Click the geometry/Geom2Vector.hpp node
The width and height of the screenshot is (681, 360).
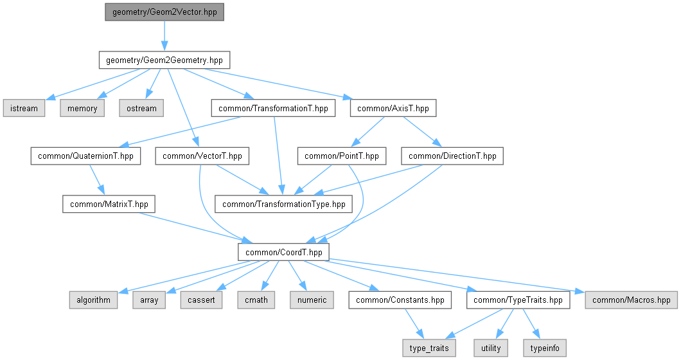pyautogui.click(x=164, y=12)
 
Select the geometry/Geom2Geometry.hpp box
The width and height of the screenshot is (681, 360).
pyautogui.click(x=164, y=60)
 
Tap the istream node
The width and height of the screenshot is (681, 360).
pyautogui.click(x=24, y=108)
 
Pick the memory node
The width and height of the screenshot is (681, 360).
pyautogui.click(x=83, y=108)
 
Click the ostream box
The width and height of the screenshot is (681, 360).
pyautogui.click(x=141, y=108)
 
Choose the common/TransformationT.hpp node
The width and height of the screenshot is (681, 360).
pyautogui.click(x=273, y=108)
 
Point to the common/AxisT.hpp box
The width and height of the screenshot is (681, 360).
pyautogui.click(x=393, y=108)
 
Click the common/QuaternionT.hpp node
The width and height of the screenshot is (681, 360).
pyautogui.click(x=85, y=156)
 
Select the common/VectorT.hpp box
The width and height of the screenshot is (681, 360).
pyautogui.click(x=202, y=156)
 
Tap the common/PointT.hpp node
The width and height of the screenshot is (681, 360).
pyautogui.click(x=341, y=156)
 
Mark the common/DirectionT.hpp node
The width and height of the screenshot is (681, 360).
pyautogui.click(x=452, y=156)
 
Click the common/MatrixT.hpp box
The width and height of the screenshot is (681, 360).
pyautogui.click(x=109, y=204)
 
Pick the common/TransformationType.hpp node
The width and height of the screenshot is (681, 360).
pyautogui.click(x=284, y=204)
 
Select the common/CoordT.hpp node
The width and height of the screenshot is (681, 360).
pyautogui.click(x=283, y=252)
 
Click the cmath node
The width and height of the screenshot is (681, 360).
pyautogui.click(x=257, y=300)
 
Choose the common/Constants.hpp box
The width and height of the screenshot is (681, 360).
pyautogui.click(x=400, y=300)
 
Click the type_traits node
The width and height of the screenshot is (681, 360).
pyautogui.click(x=430, y=348)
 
